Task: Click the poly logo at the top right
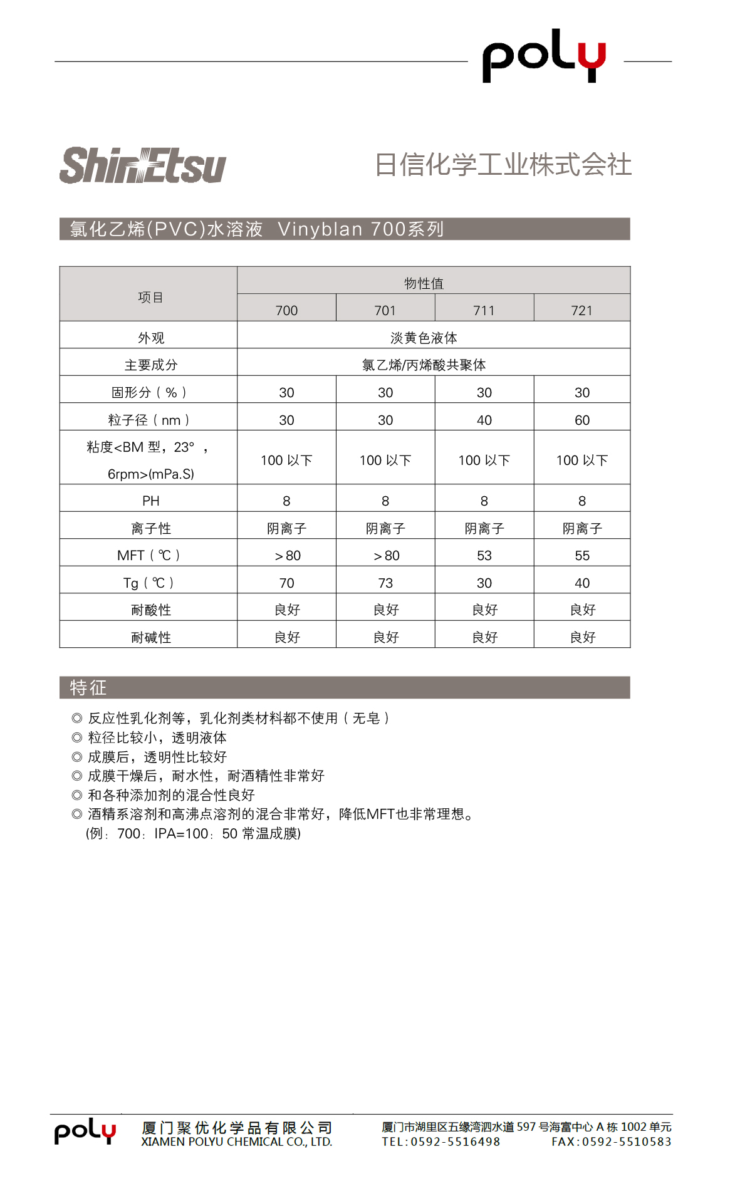[x=544, y=56]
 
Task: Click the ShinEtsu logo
[x=143, y=166]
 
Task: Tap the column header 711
[x=484, y=310]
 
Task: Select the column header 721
[x=581, y=310]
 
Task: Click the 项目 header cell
[x=150, y=297]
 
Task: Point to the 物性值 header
[x=424, y=283]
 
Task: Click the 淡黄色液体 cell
[x=424, y=338]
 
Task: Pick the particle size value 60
[x=581, y=420]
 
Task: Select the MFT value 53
[x=484, y=555]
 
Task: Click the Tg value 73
[x=385, y=583]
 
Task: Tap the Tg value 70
[x=286, y=583]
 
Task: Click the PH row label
[x=150, y=501]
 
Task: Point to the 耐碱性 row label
[x=150, y=637]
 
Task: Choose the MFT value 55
[x=581, y=555]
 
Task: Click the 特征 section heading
[x=88, y=687]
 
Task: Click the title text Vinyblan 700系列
[x=360, y=229]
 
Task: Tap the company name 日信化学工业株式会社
[x=503, y=165]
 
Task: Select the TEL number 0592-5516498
[x=455, y=1142]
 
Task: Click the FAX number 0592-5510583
[x=626, y=1142]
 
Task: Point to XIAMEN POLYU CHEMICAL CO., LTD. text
[x=236, y=1142]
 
